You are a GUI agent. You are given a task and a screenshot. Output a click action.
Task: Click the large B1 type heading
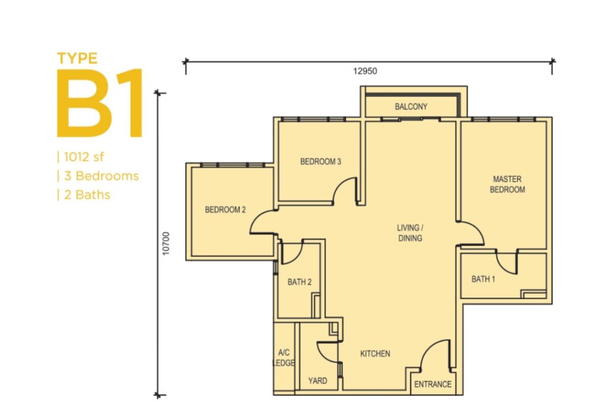(99, 103)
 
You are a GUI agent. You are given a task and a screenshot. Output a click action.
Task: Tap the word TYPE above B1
(78, 59)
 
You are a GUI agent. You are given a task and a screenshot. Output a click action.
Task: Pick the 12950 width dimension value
(365, 71)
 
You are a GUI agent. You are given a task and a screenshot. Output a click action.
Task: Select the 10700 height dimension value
(166, 243)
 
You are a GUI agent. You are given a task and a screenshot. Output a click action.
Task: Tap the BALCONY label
(411, 106)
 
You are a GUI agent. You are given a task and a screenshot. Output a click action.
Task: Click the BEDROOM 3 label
(320, 161)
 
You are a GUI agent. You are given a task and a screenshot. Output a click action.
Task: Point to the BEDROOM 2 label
(225, 209)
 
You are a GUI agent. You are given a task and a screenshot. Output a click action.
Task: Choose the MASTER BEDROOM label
(507, 184)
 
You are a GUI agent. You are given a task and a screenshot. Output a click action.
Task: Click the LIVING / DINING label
(410, 233)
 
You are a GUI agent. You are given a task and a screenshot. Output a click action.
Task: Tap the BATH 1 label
(483, 279)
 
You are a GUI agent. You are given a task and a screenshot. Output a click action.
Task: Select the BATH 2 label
(299, 282)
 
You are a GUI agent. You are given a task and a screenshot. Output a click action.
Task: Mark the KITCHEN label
(375, 353)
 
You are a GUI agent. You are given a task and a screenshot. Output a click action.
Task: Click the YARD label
(317, 381)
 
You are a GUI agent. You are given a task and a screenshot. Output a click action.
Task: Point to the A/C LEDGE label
(283, 357)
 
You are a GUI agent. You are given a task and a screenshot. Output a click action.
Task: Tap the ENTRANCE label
(433, 384)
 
